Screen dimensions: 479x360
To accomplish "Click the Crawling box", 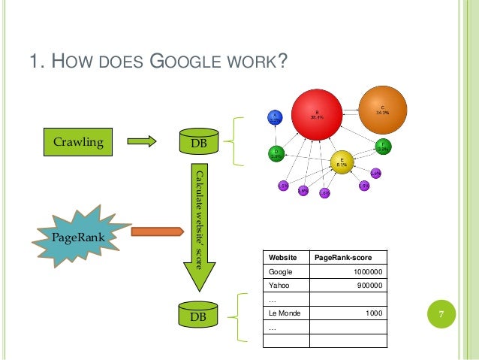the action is click(77, 141).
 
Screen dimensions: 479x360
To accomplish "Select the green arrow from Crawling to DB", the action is click(140, 141).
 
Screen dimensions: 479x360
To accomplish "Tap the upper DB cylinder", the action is click(198, 141).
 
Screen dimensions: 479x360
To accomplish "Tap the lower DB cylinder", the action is click(197, 316).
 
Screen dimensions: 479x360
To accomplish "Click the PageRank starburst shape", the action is click(78, 234).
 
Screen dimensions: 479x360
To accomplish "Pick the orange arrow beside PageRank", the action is click(157, 231).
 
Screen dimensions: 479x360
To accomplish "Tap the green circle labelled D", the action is click(276, 154).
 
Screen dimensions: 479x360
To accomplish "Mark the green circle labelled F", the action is click(382, 146).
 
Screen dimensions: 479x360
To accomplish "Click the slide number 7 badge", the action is click(442, 315).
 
